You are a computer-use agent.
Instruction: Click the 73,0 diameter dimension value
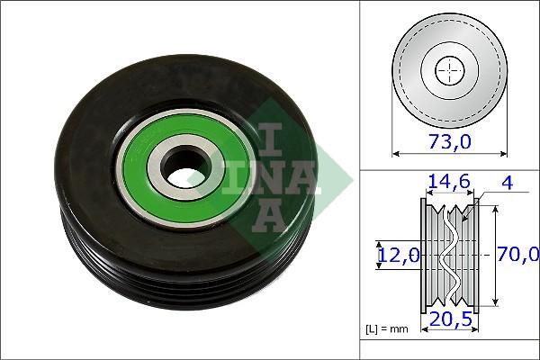[x=450, y=141]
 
